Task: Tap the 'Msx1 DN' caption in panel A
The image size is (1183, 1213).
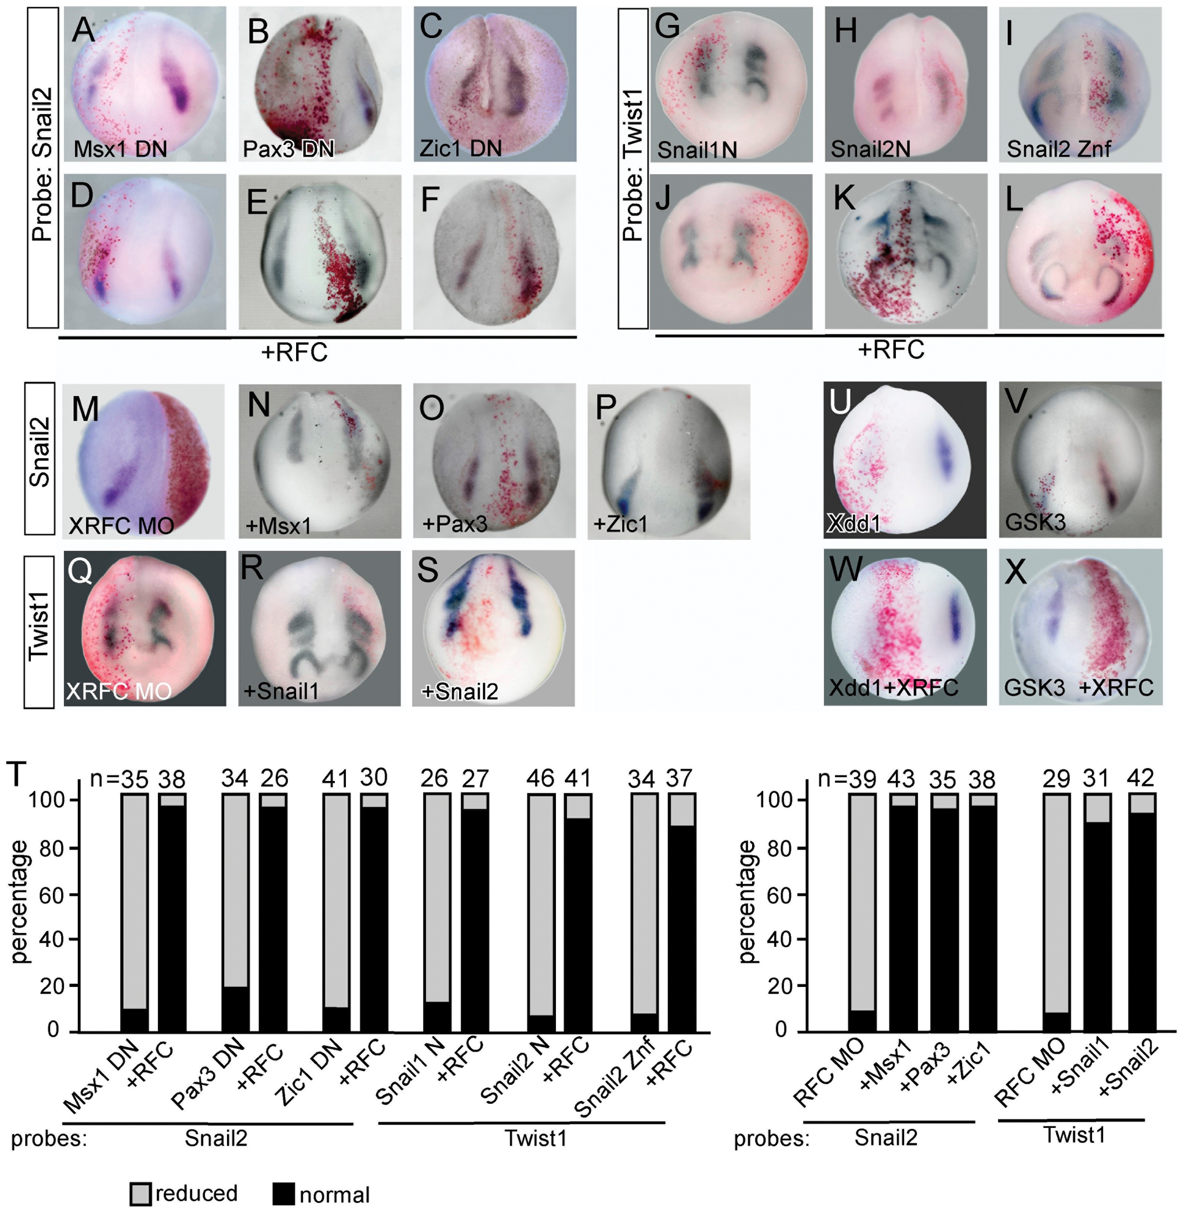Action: pyautogui.click(x=120, y=149)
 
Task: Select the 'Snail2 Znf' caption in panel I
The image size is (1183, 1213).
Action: pyautogui.click(x=1059, y=149)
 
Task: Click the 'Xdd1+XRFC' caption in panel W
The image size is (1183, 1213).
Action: pyautogui.click(x=894, y=687)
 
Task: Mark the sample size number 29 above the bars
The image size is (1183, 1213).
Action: pyautogui.click(x=1056, y=778)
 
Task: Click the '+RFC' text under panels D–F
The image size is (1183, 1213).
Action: pyautogui.click(x=294, y=352)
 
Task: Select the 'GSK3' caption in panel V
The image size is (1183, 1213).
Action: pyautogui.click(x=1035, y=522)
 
